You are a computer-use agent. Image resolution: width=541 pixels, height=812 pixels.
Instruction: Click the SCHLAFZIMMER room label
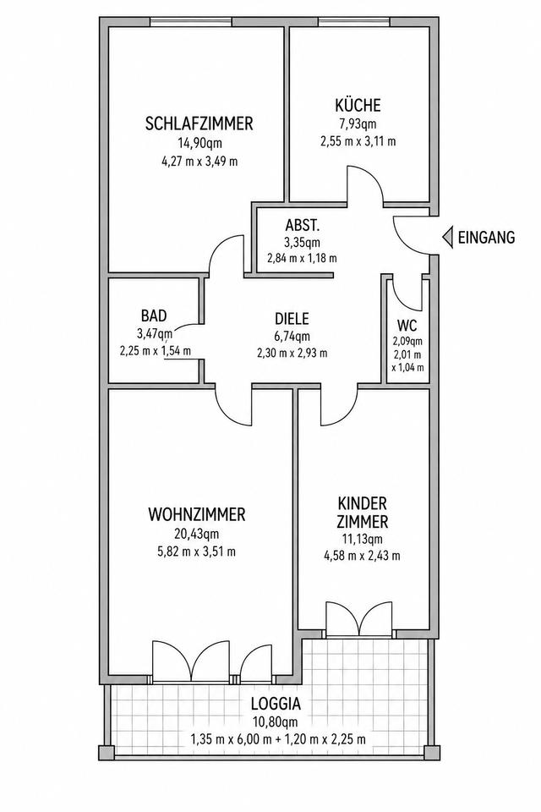coord(199,123)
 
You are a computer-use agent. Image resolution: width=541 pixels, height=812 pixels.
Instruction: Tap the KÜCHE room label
coord(358,105)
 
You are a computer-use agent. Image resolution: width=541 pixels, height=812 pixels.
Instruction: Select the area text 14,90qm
coord(199,143)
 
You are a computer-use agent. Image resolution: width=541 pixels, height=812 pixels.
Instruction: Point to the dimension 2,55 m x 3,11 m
coord(358,140)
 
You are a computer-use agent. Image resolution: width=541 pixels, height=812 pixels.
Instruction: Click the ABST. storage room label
coord(303,226)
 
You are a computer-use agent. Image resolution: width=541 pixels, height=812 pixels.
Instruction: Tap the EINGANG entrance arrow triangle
coord(447,237)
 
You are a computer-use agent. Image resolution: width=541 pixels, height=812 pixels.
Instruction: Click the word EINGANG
coord(487,237)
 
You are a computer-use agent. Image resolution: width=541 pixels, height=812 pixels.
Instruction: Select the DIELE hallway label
coord(292,318)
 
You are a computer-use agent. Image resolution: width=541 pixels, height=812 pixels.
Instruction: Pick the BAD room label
coord(154,315)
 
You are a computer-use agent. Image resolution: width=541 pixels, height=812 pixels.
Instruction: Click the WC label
coord(407,326)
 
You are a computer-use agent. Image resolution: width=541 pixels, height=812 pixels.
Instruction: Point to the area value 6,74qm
coord(292,336)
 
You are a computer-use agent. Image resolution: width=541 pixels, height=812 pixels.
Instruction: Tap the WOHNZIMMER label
coord(197,515)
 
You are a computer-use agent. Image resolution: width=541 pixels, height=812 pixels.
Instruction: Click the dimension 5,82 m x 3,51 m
coord(197,551)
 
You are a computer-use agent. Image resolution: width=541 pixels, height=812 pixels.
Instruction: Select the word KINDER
coord(363,502)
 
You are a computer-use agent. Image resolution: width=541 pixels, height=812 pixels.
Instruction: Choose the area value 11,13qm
coord(363,539)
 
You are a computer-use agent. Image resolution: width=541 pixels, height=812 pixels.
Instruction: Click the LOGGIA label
coord(276,704)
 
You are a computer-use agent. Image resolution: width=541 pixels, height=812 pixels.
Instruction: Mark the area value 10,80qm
coord(276,721)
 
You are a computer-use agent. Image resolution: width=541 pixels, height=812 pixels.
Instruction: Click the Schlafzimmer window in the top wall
coord(191,22)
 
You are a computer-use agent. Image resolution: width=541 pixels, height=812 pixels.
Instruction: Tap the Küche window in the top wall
coord(353,22)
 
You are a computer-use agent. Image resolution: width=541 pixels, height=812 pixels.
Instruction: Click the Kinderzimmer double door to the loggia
coord(358,618)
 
